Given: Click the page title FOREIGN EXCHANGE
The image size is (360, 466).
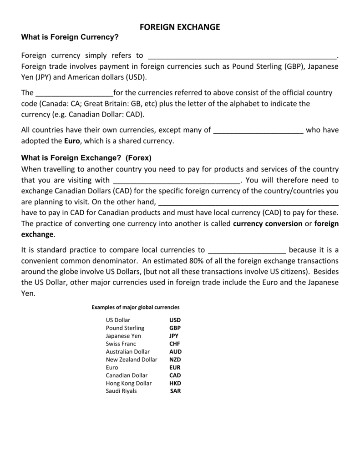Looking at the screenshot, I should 179,27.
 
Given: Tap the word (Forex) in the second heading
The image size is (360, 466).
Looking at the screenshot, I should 138,158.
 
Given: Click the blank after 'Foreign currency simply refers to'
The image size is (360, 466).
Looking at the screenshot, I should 242,56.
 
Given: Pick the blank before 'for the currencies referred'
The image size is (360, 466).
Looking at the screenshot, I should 74,93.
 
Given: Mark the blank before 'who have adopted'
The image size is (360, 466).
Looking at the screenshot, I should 258,130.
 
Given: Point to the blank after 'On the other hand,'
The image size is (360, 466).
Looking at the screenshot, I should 249,202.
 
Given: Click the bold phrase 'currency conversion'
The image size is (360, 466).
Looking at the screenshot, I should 268,223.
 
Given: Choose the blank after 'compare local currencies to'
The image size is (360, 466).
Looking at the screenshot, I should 247,250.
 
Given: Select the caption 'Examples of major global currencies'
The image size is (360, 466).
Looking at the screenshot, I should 136,307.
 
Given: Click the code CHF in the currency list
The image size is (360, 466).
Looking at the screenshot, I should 175,344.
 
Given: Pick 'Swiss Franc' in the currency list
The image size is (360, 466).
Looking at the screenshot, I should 121,344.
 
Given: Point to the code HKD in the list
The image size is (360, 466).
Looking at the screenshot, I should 175,383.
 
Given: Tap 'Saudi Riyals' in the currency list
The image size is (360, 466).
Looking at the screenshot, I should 121,391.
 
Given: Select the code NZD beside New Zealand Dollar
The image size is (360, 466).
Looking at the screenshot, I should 175,360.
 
